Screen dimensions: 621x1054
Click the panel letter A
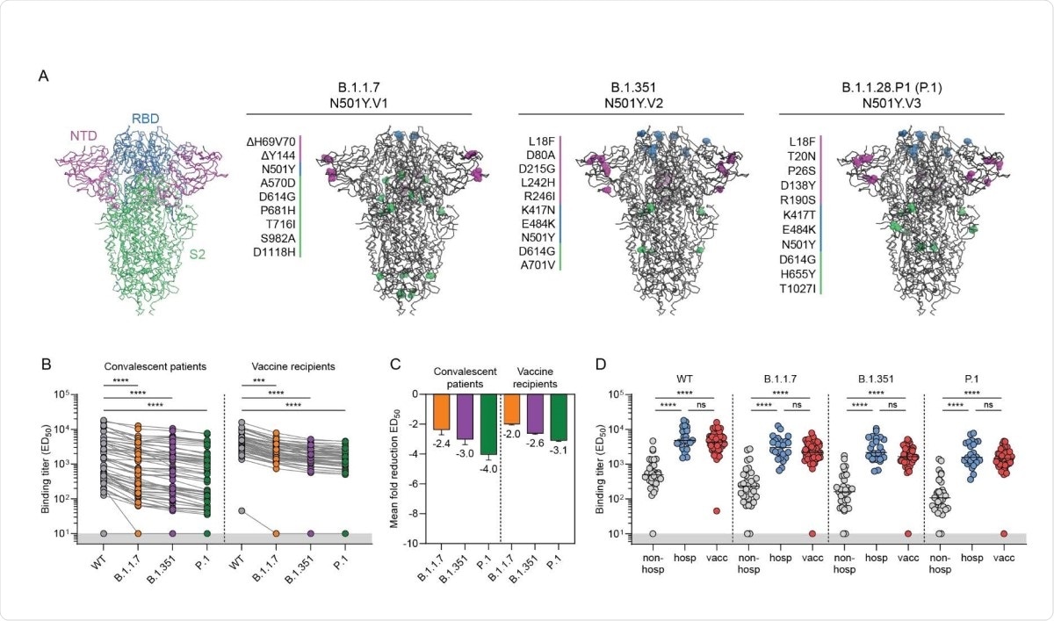(x=43, y=76)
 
